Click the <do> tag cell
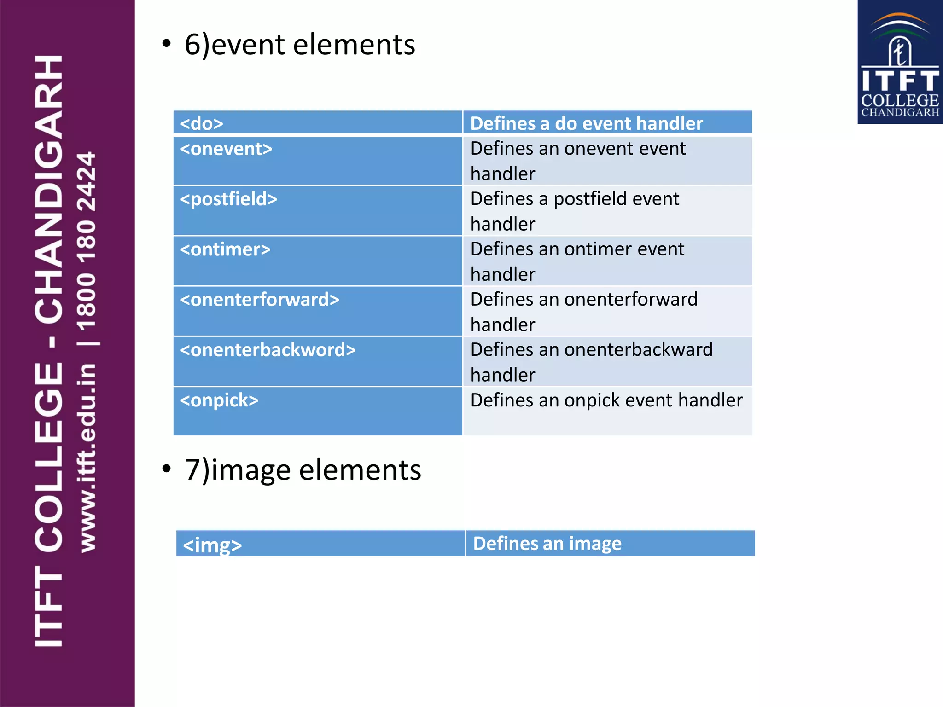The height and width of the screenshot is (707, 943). pos(202,123)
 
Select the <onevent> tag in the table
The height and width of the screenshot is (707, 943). pos(226,149)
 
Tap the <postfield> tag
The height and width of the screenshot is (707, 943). pos(228,199)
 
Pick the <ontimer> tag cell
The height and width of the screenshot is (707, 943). pos(225,249)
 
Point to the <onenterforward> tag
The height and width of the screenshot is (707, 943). pos(260,300)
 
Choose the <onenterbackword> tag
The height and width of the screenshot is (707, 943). pos(268,350)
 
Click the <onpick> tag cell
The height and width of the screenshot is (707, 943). pos(219,400)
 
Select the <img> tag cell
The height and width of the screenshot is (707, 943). pos(212,545)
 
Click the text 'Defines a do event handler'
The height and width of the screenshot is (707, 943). pos(586,123)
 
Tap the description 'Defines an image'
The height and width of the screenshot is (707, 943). pos(547,544)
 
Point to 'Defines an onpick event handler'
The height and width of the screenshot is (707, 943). pos(606,400)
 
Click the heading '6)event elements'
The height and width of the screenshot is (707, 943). pos(300,45)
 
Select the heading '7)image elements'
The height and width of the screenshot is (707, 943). pos(303,470)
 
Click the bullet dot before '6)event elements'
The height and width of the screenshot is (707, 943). pos(167,44)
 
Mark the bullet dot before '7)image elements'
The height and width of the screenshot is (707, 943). pos(167,469)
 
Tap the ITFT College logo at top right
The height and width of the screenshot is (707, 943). pos(900,63)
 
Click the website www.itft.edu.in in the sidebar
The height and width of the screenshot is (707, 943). pos(87,458)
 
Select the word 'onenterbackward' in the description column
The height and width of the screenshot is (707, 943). pos(638,350)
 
